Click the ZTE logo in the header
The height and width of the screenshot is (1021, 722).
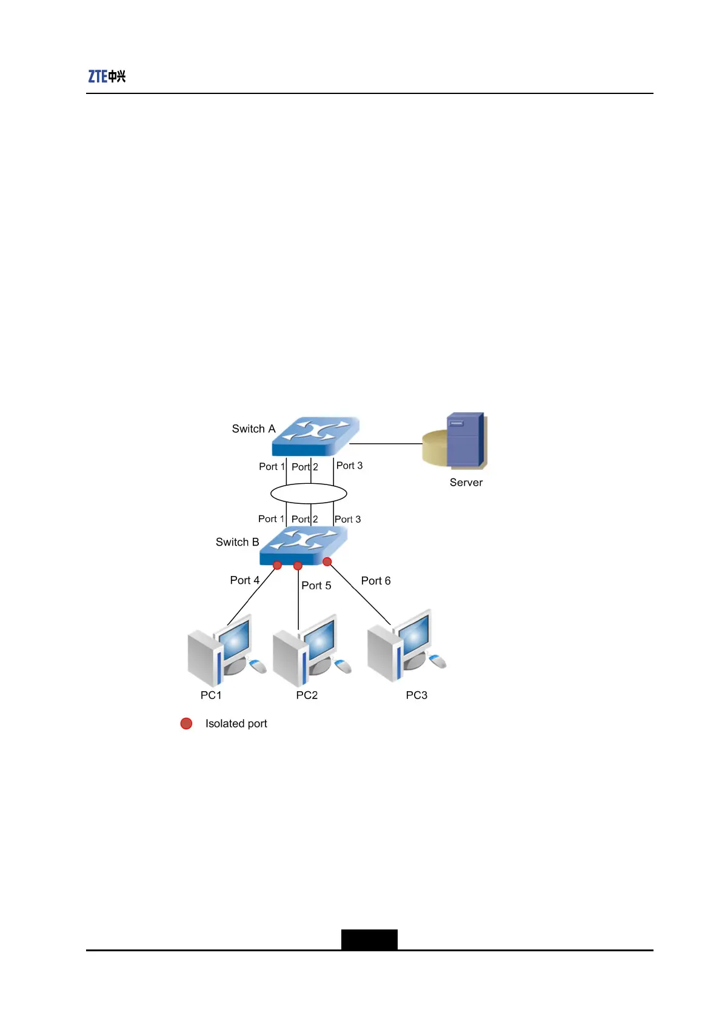pyautogui.click(x=107, y=76)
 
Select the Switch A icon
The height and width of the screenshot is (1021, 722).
pyautogui.click(x=316, y=435)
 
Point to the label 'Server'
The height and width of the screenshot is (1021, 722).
pyautogui.click(x=466, y=483)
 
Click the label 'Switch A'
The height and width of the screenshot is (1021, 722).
pyautogui.click(x=253, y=429)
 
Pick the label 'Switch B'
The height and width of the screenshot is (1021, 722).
pyautogui.click(x=237, y=542)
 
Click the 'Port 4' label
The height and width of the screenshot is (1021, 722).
pyautogui.click(x=244, y=580)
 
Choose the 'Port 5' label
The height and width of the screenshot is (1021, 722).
pyautogui.click(x=316, y=586)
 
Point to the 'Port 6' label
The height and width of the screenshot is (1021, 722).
pyautogui.click(x=376, y=581)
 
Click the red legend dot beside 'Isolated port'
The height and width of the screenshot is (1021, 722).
pyautogui.click(x=186, y=723)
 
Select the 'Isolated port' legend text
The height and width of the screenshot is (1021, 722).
pyautogui.click(x=236, y=723)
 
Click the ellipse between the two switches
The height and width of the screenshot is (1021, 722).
pyautogui.click(x=309, y=494)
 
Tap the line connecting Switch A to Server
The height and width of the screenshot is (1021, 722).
pyautogui.click(x=386, y=444)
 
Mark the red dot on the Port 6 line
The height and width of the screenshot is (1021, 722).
pyautogui.click(x=327, y=562)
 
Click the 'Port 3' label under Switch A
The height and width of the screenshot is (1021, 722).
pyautogui.click(x=349, y=466)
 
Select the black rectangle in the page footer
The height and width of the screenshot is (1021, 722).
pyautogui.click(x=369, y=939)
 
